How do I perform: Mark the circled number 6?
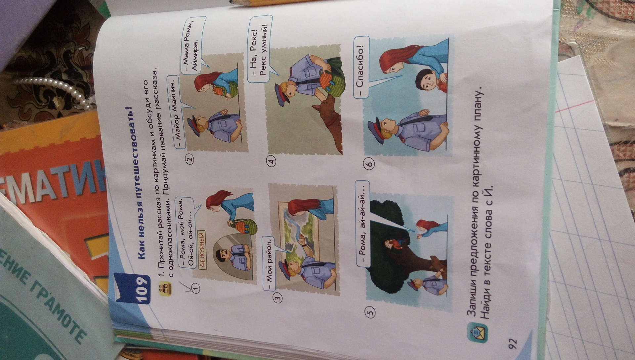pos(369,162)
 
